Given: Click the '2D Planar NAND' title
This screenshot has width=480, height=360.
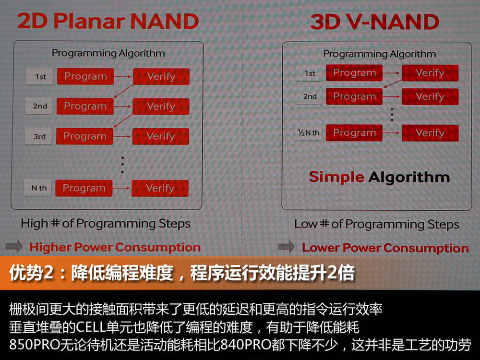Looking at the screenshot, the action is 108,21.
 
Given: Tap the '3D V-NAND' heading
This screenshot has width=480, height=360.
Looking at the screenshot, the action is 375,22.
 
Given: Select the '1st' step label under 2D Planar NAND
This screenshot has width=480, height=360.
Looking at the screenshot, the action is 40,76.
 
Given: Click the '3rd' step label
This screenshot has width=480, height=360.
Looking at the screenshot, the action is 39,136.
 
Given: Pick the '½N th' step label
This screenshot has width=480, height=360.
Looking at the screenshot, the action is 309,132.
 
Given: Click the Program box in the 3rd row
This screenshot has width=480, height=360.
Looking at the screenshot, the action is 85,136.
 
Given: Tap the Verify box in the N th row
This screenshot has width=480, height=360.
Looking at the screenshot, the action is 160,188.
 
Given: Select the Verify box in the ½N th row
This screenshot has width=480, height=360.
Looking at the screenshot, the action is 430,133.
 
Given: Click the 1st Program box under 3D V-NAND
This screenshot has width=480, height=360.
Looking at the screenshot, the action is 354,73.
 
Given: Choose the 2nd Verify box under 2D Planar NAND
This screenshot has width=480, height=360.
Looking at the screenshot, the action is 161,107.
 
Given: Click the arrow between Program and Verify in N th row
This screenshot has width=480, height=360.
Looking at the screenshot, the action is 122,188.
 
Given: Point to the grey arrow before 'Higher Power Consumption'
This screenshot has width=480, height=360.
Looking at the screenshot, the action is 14,246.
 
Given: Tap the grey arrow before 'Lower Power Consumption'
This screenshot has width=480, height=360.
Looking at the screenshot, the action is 287,247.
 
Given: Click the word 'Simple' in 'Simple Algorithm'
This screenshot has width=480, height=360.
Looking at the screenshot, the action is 336,177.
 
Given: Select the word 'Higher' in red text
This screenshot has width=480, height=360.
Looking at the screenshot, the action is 50,247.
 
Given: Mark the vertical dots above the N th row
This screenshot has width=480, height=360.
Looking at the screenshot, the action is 122,165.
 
